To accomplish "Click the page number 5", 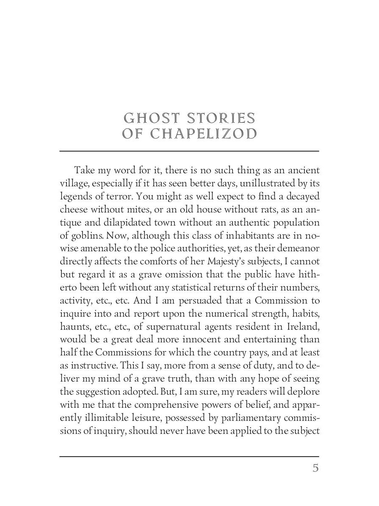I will [x=315, y=468].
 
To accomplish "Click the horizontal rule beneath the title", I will [x=189, y=151].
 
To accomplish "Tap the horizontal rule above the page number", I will [x=189, y=456].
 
